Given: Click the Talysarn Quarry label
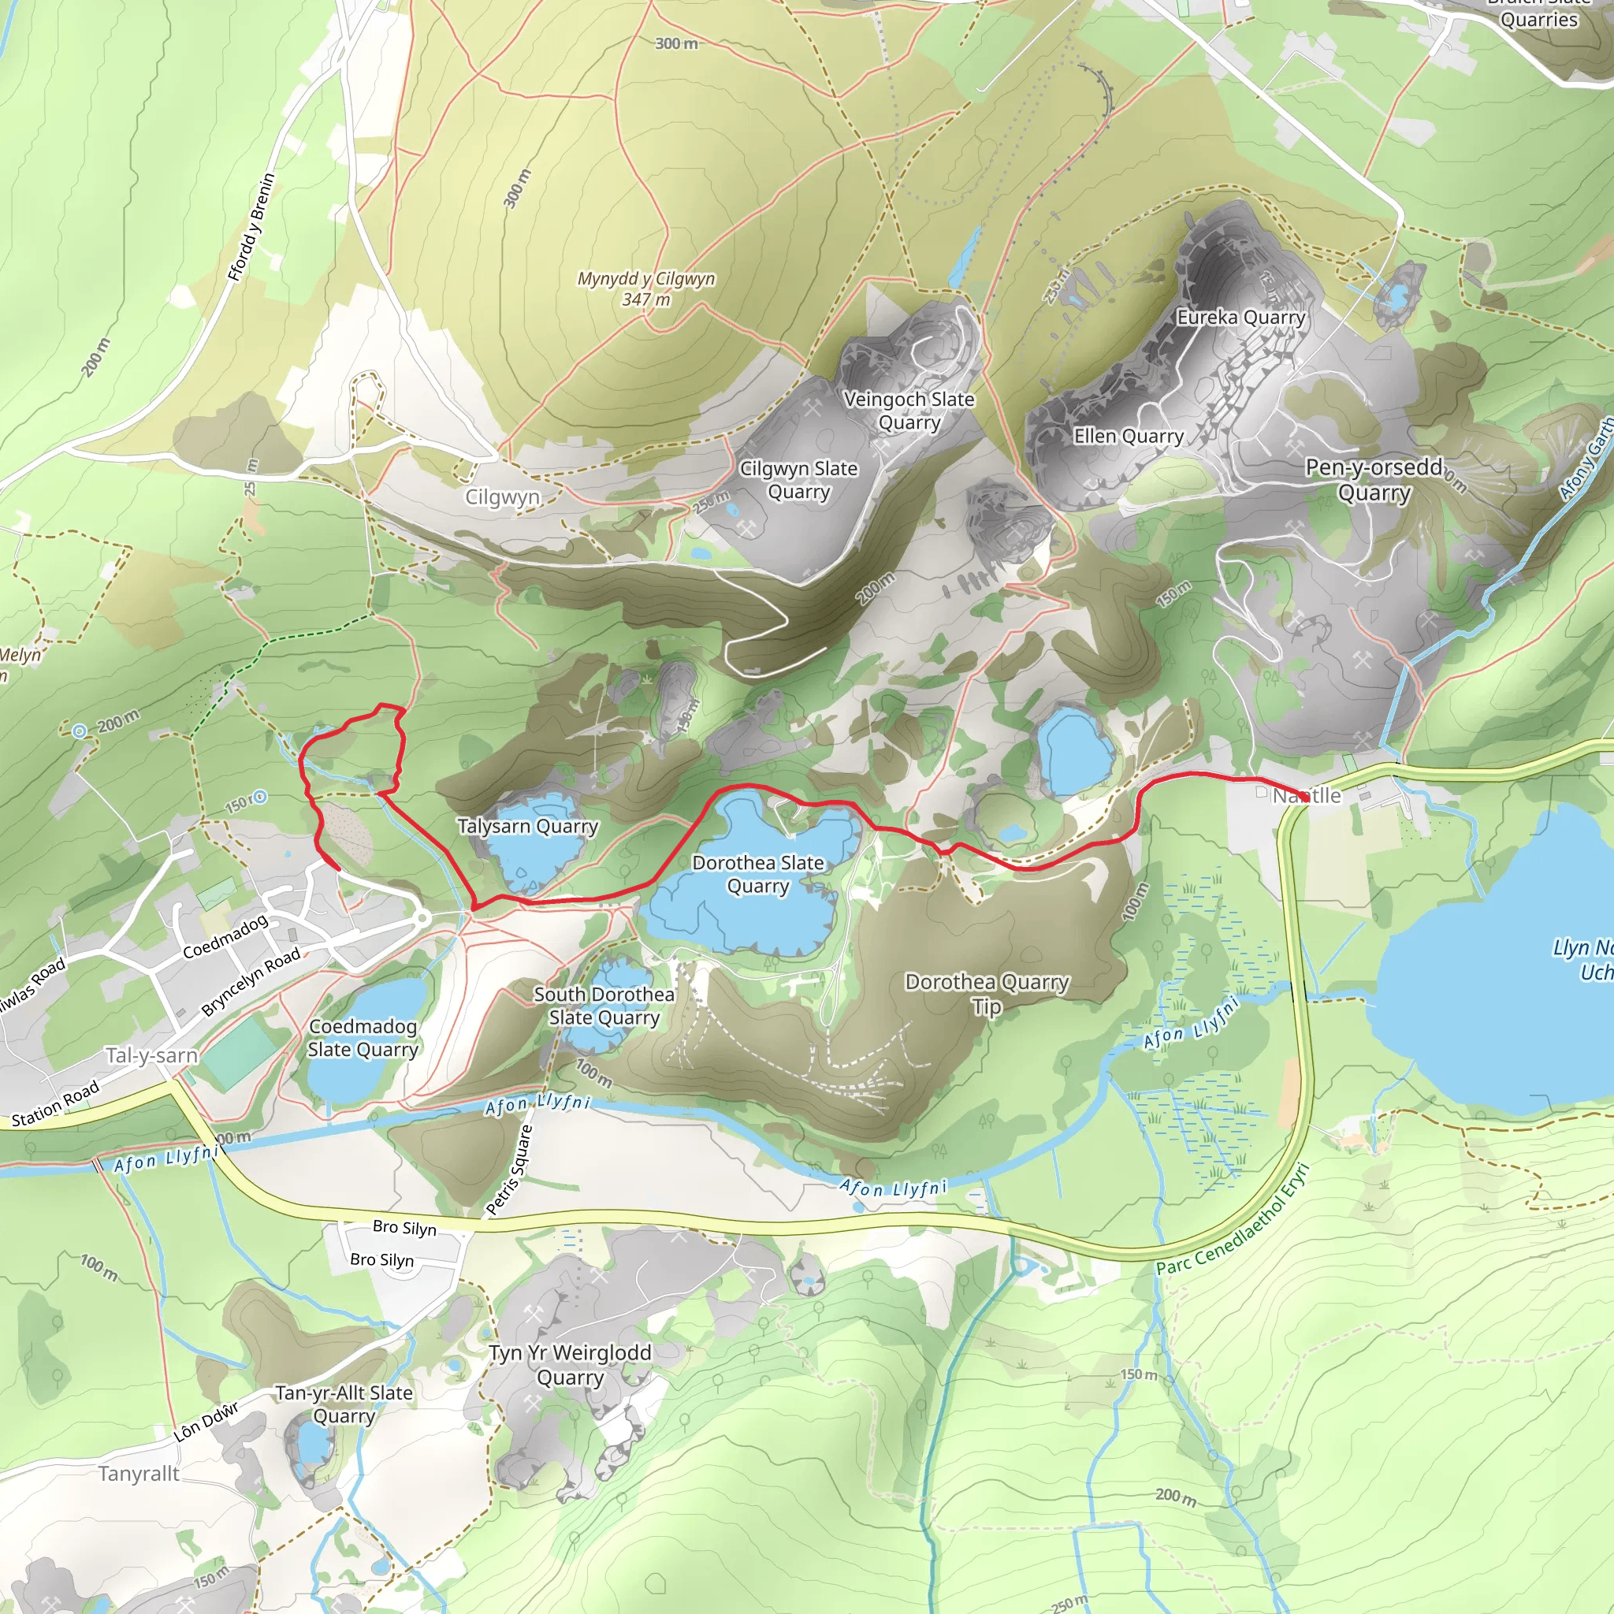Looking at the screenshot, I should tap(527, 826).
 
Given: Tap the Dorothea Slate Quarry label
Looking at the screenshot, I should tap(757, 874).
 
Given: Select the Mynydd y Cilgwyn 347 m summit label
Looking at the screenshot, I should tap(645, 288).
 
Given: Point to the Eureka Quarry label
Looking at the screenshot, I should tap(1240, 318).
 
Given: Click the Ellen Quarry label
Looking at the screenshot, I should tap(1129, 436).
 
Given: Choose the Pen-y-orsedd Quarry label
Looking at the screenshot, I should tap(1374, 479).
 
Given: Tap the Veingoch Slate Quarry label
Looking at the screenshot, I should tap(909, 410).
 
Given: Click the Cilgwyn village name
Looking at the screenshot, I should tap(502, 497).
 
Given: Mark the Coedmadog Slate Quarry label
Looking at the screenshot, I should tap(363, 1038).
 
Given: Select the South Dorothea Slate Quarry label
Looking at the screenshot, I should tap(604, 1006).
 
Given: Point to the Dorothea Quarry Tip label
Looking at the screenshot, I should tap(987, 994).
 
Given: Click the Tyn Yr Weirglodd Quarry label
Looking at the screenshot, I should tap(570, 1364).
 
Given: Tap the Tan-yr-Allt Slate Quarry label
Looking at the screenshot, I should tap(344, 1404).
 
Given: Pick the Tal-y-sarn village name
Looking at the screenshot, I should tap(151, 1056).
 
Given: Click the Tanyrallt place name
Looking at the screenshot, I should tap(139, 1474).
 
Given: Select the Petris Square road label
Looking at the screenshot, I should tap(509, 1170).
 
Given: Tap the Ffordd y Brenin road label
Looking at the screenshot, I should tap(251, 227).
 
